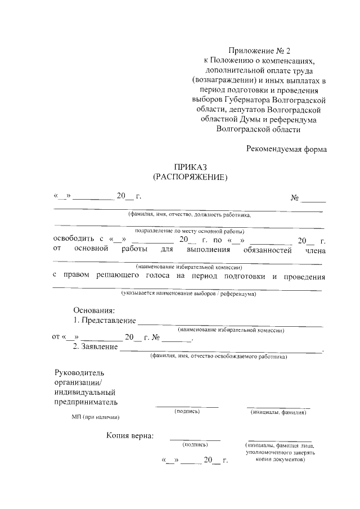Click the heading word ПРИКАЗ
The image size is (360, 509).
point(190,168)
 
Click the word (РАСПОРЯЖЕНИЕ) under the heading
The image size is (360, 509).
point(190,177)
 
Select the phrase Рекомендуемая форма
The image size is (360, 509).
point(286,149)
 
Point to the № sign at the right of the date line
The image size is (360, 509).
point(294,197)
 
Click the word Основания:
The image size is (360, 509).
point(94,310)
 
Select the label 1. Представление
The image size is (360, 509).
point(105,321)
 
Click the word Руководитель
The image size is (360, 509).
point(79,372)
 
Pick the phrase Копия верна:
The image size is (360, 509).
point(130,435)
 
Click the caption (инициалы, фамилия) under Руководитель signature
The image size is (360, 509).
point(278,412)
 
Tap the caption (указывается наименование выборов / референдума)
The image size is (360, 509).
point(188,294)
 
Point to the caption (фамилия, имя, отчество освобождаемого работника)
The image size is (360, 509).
point(218,356)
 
